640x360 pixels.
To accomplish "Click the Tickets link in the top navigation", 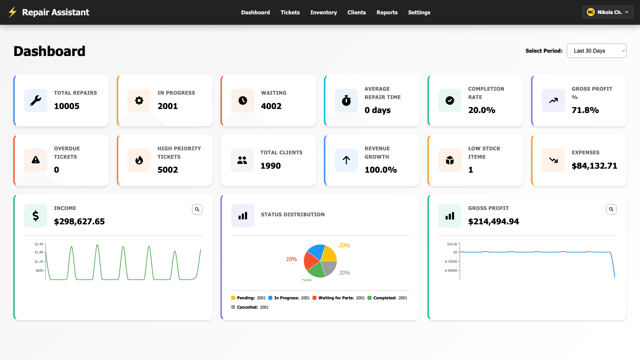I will (290, 12).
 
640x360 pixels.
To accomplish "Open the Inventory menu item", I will (323, 12).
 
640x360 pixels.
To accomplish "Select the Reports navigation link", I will (387, 12).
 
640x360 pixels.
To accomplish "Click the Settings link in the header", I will (419, 12).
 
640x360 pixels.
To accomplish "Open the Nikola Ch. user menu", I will (607, 12).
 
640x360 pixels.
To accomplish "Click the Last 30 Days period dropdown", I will (596, 51).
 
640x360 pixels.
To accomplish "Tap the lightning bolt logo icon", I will (12, 12).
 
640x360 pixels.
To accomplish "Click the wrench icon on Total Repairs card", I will (36, 100).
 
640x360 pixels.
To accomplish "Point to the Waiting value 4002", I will (271, 106).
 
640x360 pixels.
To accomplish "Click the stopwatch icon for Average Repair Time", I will (346, 100).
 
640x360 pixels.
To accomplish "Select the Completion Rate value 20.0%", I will (481, 110).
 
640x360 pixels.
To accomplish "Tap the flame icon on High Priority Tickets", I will (139, 160).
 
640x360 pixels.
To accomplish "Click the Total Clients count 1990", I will (270, 166).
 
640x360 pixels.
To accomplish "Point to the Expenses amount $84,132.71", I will (594, 166).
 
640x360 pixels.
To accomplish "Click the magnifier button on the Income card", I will (197, 209).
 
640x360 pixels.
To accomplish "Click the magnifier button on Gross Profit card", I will (611, 209).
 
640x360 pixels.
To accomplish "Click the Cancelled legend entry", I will (250, 307).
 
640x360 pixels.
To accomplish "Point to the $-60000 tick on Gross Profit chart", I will (451, 270).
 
